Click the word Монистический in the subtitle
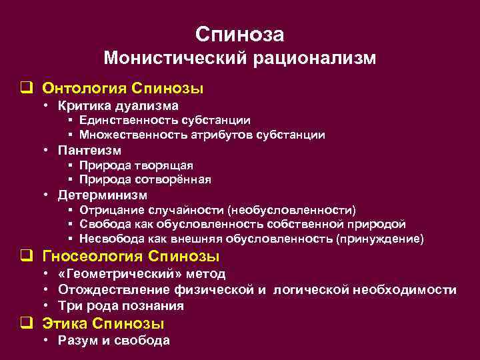pyautogui.click(x=176, y=59)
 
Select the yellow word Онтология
pyautogui.click(x=85, y=89)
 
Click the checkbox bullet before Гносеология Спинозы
pyautogui.click(x=27, y=257)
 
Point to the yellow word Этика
pyautogui.click(x=65, y=323)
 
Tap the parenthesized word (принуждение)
pyautogui.click(x=380, y=239)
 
